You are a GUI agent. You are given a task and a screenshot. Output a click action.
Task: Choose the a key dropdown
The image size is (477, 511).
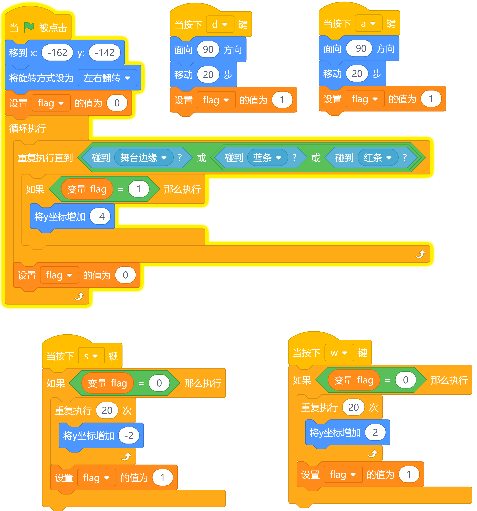point(368,23)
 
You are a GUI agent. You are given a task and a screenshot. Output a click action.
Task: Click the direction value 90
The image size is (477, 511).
point(208,50)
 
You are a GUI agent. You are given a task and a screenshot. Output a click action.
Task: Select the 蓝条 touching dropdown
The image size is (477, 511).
point(267,158)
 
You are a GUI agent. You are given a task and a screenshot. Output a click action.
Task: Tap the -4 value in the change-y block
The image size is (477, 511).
point(100,216)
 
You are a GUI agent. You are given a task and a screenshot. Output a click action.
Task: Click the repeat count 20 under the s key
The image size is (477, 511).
point(107,410)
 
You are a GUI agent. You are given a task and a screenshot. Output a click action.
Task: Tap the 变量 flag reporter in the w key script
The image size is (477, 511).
point(354,380)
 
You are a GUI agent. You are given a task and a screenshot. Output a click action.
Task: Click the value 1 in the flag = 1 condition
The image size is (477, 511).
point(138,189)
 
